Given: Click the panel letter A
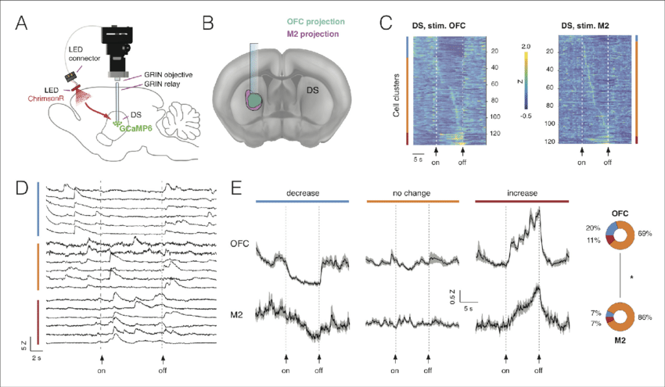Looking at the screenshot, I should click(23, 23).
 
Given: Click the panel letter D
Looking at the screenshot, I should click(23, 189).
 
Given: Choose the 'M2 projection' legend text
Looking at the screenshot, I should click(312, 34).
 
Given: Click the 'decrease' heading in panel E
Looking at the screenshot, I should click(301, 192).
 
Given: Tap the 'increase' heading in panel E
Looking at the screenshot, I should click(521, 192).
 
